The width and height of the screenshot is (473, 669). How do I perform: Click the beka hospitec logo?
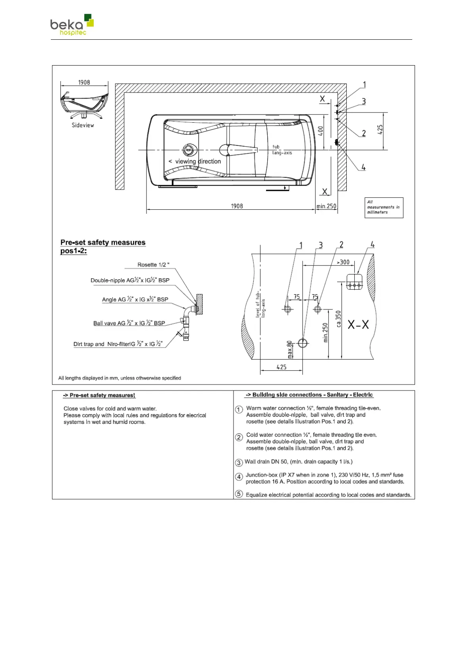click(72, 25)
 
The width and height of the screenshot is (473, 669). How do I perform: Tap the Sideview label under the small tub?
click(83, 125)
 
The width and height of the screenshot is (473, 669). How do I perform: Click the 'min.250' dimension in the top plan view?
click(326, 206)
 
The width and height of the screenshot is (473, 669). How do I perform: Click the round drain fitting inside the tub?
click(189, 150)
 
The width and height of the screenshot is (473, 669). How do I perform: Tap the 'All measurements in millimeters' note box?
click(384, 207)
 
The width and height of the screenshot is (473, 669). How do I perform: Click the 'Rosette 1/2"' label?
click(153, 265)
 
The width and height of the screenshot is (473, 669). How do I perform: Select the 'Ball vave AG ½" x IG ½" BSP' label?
click(129, 323)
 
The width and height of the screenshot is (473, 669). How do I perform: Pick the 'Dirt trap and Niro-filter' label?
click(118, 344)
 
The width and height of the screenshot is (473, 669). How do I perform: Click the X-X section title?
click(358, 325)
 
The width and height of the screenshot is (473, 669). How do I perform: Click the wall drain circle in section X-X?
click(303, 342)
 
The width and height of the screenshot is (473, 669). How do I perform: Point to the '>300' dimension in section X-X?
click(343, 262)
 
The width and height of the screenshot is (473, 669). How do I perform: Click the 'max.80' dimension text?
click(290, 349)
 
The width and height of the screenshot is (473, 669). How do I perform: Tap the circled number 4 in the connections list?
click(239, 477)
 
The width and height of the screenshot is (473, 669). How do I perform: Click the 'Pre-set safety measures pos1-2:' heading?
click(102, 247)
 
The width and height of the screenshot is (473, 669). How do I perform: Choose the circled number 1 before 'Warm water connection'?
click(239, 410)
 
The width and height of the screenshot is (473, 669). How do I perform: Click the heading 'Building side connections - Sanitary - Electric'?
click(309, 395)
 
